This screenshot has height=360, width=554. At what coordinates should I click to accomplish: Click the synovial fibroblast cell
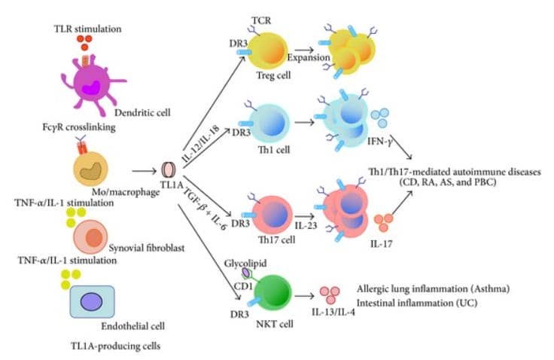coord(95,237)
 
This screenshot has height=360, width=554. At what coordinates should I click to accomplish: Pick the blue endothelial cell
coord(92,301)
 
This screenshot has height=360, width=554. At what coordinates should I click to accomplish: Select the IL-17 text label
coord(384,243)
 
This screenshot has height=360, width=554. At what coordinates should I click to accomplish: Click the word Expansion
coord(308,57)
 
